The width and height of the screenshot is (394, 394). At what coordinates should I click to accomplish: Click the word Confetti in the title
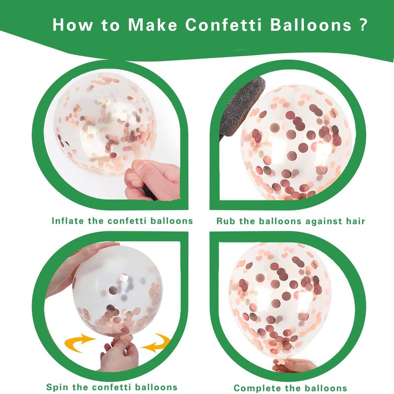pos(223,25)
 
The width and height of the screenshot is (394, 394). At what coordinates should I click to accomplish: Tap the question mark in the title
pos(363,24)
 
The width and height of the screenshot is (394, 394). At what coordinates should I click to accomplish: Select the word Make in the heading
pos(152,25)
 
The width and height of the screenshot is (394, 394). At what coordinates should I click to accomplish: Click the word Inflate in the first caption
pos(67,221)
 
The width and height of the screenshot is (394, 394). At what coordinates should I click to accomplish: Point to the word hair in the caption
pos(355,221)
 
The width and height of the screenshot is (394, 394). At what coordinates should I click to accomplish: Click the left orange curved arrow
pos(80,342)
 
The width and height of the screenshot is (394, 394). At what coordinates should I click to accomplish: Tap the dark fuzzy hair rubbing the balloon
pos(241,107)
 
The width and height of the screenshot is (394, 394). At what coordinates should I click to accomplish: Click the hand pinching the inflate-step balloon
pos(152,179)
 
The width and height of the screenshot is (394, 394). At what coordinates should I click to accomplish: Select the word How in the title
pos(72,25)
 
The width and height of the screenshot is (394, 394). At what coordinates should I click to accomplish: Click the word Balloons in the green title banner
pos(311,25)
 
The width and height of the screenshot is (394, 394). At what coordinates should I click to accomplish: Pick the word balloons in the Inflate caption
pos(171,221)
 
